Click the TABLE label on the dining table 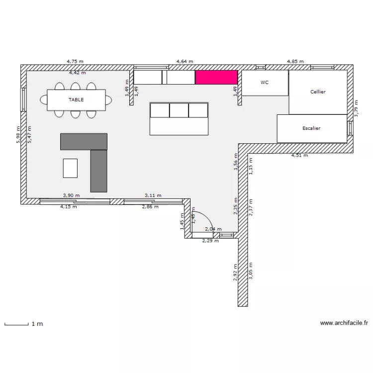(76, 99)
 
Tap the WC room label (265, 82)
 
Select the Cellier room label (318, 92)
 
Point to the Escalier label (311, 128)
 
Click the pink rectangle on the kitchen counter (216, 77)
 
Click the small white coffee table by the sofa (70, 168)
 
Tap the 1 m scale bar (16, 324)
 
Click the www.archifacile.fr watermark (344, 323)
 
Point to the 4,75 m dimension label (75, 61)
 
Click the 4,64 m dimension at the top (185, 61)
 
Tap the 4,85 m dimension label (295, 61)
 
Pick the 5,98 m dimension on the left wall (18, 135)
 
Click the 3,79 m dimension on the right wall (356, 108)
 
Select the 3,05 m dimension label (251, 271)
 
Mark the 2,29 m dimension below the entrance (210, 241)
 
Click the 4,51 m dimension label (300, 155)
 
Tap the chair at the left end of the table (44, 99)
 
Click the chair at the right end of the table (109, 100)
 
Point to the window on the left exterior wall (23, 99)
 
